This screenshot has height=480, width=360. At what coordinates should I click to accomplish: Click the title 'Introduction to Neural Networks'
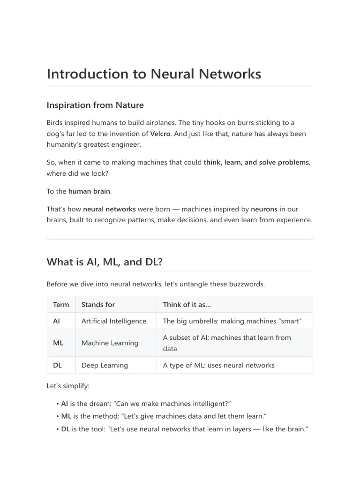pyautogui.click(x=154, y=74)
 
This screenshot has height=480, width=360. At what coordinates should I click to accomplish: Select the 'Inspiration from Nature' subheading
pyautogui.click(x=95, y=105)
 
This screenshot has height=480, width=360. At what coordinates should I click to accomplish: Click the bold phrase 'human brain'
pyautogui.click(x=90, y=191)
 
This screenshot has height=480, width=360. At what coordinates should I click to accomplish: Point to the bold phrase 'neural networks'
pyautogui.click(x=109, y=209)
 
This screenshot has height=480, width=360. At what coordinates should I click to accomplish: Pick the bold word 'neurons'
pyautogui.click(x=264, y=209)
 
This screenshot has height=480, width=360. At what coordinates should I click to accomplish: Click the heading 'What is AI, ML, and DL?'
pyautogui.click(x=105, y=262)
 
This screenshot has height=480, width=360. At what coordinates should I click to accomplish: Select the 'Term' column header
pyautogui.click(x=61, y=305)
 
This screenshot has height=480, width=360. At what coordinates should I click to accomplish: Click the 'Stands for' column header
pyautogui.click(x=98, y=305)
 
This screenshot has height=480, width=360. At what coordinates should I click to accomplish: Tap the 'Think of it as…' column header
pyautogui.click(x=187, y=305)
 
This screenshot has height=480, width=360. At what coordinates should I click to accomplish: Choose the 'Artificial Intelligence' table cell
pyautogui.click(x=114, y=321)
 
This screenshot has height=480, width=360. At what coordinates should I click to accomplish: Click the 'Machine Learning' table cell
pyautogui.click(x=110, y=343)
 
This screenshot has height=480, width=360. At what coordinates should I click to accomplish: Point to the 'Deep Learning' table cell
pyautogui.click(x=105, y=365)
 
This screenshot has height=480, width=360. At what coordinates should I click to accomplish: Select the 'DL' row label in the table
pyautogui.click(x=58, y=365)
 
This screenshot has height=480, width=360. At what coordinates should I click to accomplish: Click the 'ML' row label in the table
pyautogui.click(x=58, y=343)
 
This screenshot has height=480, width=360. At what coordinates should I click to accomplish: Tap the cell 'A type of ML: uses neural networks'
pyautogui.click(x=218, y=365)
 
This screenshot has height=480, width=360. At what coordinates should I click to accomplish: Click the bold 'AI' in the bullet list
pyautogui.click(x=65, y=404)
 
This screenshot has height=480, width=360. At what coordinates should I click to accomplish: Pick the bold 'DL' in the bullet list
pyautogui.click(x=65, y=429)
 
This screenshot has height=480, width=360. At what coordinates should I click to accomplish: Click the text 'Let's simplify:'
pyautogui.click(x=67, y=386)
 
